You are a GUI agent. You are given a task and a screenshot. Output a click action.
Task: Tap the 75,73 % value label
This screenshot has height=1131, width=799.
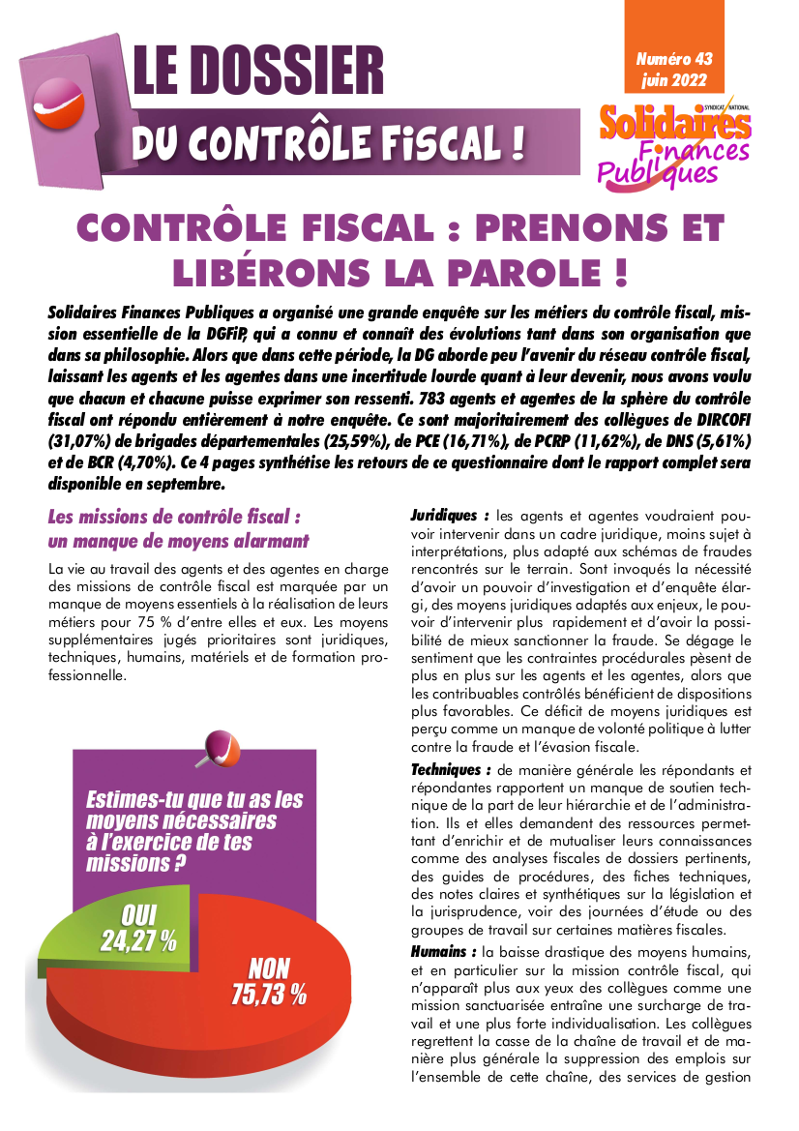point(269,993)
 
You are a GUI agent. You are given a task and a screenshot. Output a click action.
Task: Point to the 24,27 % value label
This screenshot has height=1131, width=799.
point(138,939)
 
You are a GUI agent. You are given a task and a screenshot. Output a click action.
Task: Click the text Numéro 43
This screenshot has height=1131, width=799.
point(673,60)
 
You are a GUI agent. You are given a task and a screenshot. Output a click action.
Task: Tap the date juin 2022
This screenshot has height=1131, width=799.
point(673,80)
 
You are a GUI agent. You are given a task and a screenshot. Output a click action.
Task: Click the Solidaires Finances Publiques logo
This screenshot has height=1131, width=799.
point(673,145)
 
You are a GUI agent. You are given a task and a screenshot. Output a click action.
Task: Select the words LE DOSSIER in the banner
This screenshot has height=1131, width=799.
point(258,70)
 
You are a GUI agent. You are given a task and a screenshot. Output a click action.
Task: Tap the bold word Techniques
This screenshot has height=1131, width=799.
point(450,770)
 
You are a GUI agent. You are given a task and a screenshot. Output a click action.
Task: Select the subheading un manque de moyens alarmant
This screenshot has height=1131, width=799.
point(179,540)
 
